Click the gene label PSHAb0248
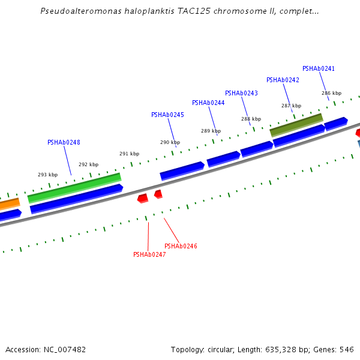click(64, 143)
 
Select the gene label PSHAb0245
click(167, 115)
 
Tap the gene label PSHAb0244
click(208, 103)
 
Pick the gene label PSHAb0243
click(241, 94)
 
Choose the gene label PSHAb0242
click(283, 80)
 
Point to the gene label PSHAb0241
click(319, 69)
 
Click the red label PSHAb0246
click(181, 247)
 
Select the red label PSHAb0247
click(149, 255)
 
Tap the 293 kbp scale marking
click(47, 175)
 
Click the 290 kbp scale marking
click(170, 143)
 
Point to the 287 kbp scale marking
click(291, 106)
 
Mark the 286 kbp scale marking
click(331, 94)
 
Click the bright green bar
click(74, 188)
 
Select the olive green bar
click(296, 124)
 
